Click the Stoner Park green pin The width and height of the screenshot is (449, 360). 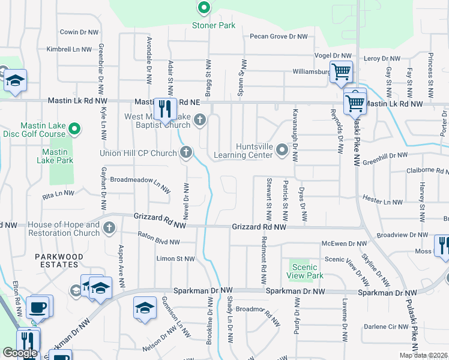(204, 8)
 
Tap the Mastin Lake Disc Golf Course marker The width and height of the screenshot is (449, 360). (74, 128)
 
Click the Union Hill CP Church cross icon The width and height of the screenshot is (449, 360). (186, 152)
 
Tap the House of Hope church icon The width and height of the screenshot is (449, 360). (109, 228)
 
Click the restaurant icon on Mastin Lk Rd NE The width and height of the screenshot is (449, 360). (163, 108)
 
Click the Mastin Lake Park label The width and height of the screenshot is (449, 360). (55, 156)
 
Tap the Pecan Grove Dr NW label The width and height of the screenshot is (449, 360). (279, 37)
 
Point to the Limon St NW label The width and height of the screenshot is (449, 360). (175, 259)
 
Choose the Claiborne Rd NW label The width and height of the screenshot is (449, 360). (424, 170)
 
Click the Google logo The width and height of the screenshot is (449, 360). (20, 353)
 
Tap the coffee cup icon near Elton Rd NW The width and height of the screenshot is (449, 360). (40, 307)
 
